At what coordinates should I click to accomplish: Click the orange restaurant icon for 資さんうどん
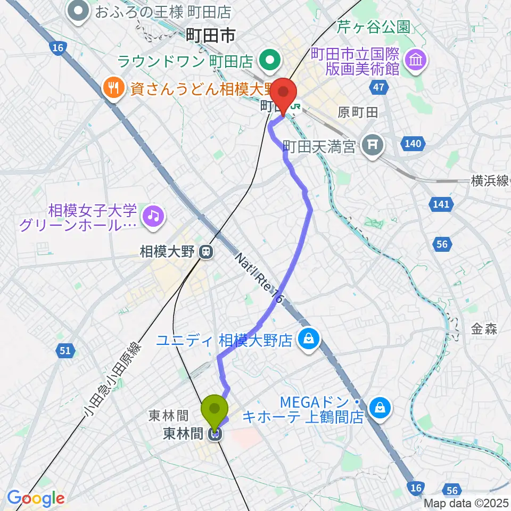(x=113, y=86)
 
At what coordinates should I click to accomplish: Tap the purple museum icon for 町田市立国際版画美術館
(x=415, y=59)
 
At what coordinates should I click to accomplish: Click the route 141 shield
(x=441, y=204)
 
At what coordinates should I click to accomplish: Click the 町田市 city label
(x=211, y=36)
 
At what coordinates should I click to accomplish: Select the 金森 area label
(x=484, y=329)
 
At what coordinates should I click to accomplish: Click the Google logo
(x=35, y=499)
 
